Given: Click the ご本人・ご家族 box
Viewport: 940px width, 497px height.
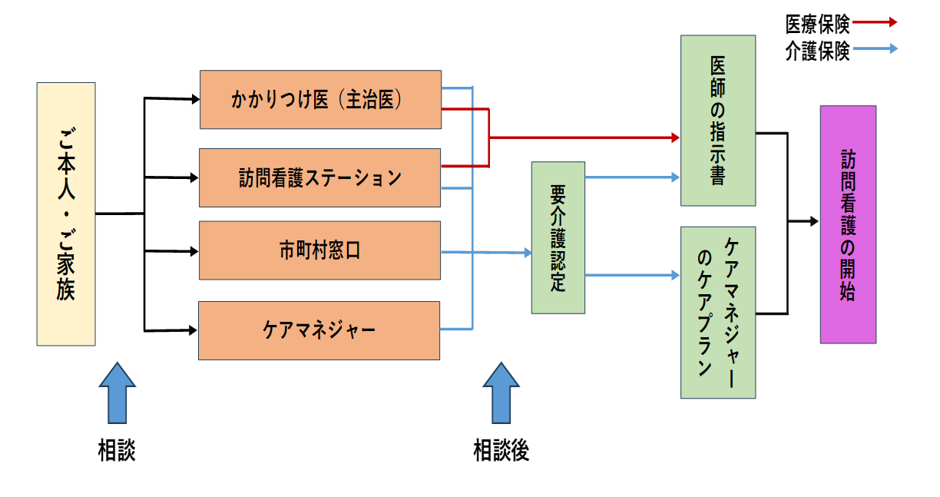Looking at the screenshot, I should [x=66, y=214].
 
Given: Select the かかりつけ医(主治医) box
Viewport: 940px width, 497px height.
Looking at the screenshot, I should [x=320, y=100].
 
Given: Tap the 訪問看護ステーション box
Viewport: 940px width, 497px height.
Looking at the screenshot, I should [x=320, y=178].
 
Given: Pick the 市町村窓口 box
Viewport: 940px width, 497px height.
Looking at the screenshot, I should [x=320, y=250].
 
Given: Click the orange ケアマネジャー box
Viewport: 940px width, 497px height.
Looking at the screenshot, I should [x=319, y=330].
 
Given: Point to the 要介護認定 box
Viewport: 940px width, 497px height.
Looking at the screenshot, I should [x=558, y=237].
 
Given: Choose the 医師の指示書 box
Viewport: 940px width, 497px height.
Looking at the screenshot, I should [x=718, y=121].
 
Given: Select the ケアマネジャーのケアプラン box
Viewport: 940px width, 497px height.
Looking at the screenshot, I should [x=718, y=313].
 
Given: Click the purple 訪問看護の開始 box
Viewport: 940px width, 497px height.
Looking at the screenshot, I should [x=848, y=224].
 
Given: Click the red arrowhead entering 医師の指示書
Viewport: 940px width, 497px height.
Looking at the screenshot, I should [x=676, y=138].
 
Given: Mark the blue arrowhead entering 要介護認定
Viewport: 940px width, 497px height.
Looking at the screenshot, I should [x=527, y=253].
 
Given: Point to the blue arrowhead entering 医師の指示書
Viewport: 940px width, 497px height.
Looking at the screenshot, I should [x=676, y=177].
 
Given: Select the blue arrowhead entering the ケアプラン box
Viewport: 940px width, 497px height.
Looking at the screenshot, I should [x=676, y=275].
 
